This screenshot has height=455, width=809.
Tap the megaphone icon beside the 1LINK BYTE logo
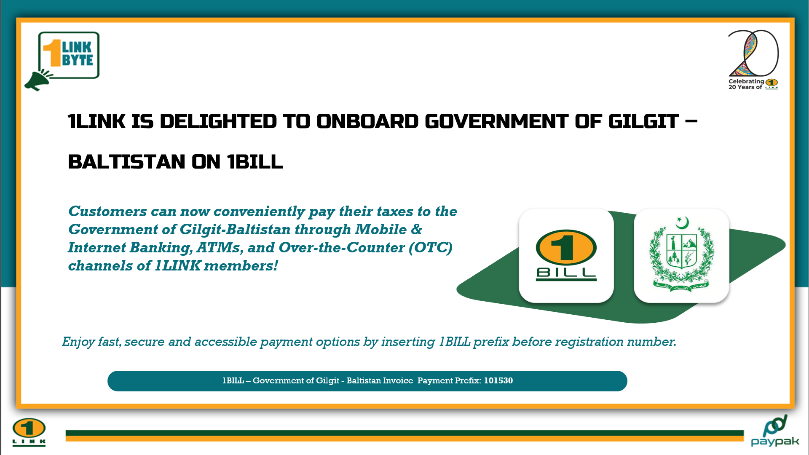pos(38,80)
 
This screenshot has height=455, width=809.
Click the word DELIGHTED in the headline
pos(218,121)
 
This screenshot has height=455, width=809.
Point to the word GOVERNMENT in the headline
pos(497,121)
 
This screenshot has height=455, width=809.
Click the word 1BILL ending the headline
pos(255,162)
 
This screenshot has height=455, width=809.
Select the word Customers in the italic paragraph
pos(108,211)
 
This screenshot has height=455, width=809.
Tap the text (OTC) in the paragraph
pos(431,247)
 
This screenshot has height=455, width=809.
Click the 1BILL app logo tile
pos(566,255)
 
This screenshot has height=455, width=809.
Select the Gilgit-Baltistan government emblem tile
pos(681,255)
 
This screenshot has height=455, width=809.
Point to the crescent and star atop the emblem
pos(682,222)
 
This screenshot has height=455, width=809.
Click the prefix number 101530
pos(498,380)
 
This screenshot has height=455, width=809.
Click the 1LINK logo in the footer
pos(29,432)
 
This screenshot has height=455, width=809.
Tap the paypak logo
pos(775,431)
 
